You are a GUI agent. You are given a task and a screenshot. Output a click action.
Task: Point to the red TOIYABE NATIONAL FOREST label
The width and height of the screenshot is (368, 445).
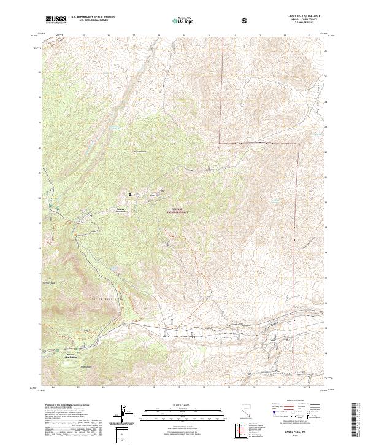(x=177, y=211)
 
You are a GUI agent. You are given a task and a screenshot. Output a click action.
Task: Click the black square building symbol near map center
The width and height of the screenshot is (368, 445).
(x=129, y=195)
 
